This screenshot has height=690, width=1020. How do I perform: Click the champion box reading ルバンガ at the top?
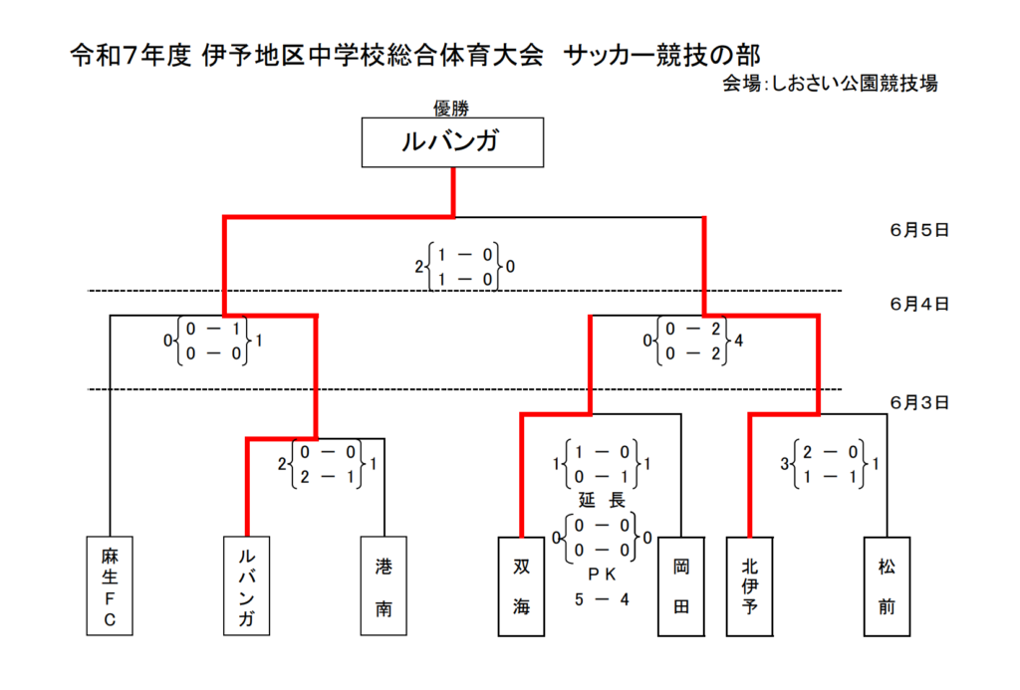[453, 142]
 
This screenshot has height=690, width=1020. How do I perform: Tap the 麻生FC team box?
[110, 585]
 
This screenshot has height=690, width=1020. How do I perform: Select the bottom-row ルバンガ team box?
[247, 585]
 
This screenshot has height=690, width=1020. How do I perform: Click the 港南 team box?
[383, 585]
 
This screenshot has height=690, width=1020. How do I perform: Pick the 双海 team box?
[521, 585]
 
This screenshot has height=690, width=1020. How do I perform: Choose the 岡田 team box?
[681, 585]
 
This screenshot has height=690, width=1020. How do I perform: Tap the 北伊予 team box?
[749, 585]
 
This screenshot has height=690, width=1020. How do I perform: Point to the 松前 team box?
[887, 585]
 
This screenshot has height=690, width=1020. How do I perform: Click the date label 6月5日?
[919, 230]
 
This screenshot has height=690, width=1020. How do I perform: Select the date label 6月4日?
[919, 304]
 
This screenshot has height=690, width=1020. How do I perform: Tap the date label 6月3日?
[919, 402]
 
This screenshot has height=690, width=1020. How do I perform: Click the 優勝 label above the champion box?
[451, 108]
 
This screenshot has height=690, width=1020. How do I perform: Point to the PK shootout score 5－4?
[602, 599]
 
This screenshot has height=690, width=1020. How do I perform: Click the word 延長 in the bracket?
[602, 500]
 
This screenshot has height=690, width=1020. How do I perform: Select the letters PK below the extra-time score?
[602, 575]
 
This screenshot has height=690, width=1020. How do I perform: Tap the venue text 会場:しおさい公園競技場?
[830, 84]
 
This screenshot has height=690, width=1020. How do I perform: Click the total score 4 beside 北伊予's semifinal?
[738, 341]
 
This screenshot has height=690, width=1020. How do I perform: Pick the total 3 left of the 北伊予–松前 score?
[785, 464]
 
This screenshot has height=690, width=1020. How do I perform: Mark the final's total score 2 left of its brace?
[419, 267]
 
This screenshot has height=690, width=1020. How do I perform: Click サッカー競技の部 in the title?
[661, 56]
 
